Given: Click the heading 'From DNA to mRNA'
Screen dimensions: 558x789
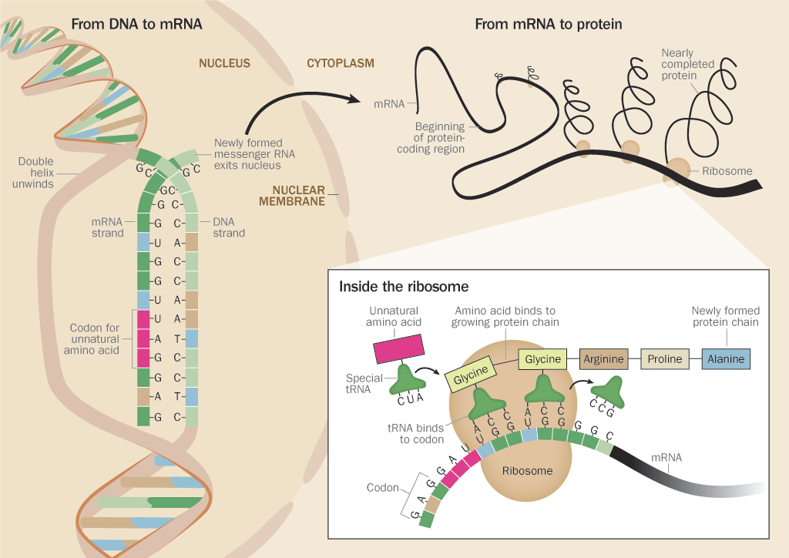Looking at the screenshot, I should (136, 25).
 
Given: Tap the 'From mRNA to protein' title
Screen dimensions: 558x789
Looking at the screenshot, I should (548, 25).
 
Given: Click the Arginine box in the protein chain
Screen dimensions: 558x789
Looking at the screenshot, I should (603, 359).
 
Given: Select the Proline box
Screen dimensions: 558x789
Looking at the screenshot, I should (664, 359).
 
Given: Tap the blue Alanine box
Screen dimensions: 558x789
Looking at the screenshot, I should (725, 359).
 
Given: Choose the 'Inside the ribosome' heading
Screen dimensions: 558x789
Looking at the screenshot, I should (404, 287).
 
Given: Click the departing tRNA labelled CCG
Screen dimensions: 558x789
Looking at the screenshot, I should (613, 390).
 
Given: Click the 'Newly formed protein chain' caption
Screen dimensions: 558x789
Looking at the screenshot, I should (725, 317).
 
